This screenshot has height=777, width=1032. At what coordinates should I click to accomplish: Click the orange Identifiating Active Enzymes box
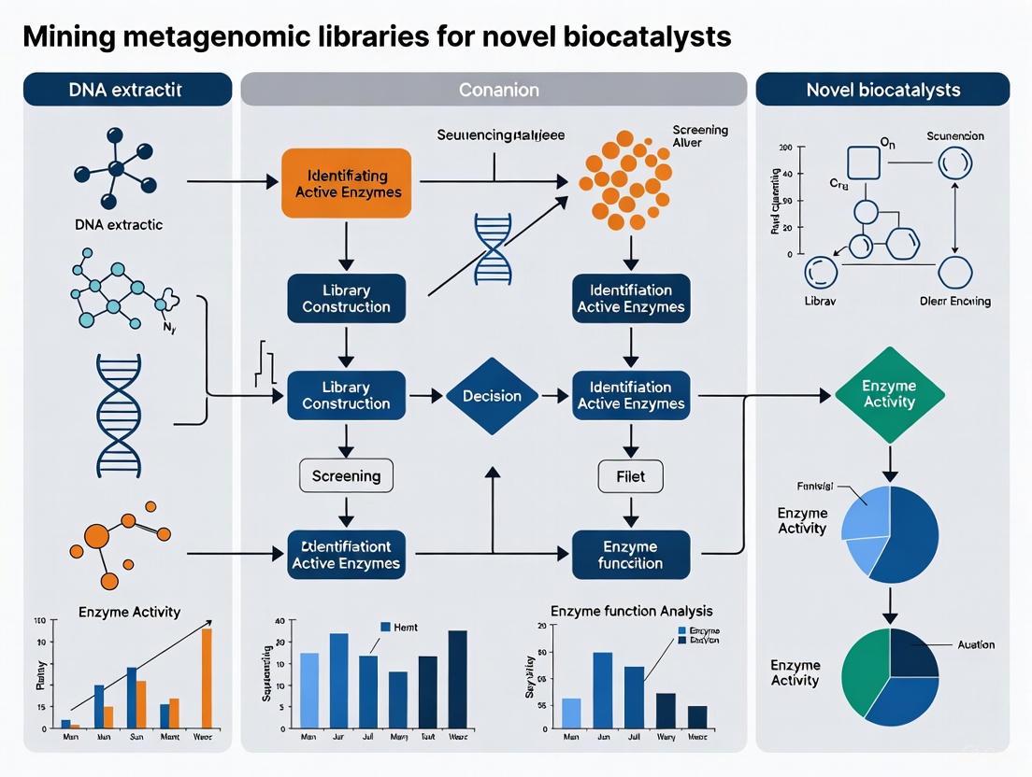tap(347, 183)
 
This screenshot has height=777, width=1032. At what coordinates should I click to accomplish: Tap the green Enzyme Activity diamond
tap(889, 393)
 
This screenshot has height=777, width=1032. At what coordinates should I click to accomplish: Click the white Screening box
tap(346, 475)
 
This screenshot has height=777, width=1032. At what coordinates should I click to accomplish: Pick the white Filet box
tap(630, 476)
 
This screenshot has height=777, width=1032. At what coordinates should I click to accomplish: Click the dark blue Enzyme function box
tap(630, 555)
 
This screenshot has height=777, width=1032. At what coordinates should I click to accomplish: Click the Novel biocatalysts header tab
tap(882, 91)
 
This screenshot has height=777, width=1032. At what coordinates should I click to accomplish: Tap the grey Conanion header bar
tap(494, 91)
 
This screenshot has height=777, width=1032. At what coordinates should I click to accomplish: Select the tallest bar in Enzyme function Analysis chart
tap(603, 690)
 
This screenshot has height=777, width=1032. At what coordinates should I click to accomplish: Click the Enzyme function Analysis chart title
tap(631, 611)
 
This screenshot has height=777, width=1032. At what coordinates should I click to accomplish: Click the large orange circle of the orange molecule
tap(97, 536)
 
